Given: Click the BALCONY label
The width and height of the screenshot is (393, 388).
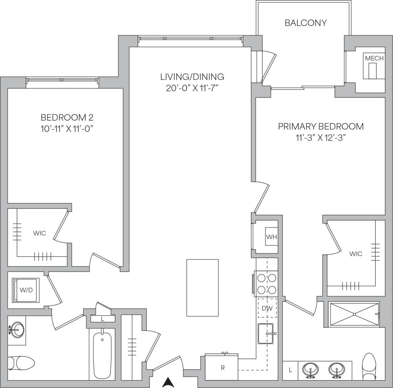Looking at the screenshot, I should pyautogui.click(x=306, y=23).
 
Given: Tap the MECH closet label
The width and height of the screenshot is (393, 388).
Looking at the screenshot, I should pyautogui.click(x=374, y=58).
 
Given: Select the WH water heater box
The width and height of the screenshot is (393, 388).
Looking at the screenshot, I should pyautogui.click(x=272, y=237).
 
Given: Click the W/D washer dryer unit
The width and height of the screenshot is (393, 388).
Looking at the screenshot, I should pyautogui.click(x=26, y=290).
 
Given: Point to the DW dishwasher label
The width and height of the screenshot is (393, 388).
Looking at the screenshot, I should pyautogui.click(x=267, y=308).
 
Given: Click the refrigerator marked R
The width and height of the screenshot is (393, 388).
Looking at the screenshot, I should pyautogui.click(x=222, y=367).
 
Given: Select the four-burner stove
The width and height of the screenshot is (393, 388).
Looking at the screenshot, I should pyautogui.click(x=266, y=284).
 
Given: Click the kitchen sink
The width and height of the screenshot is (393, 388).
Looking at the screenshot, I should pyautogui.click(x=267, y=334).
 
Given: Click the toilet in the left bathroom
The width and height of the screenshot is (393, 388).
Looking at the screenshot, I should pyautogui.click(x=21, y=363).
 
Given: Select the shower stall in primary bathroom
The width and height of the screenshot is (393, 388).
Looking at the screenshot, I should pyautogui.click(x=354, y=314).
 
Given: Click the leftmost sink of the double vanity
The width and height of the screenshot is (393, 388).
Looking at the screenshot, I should pyautogui.click(x=309, y=370).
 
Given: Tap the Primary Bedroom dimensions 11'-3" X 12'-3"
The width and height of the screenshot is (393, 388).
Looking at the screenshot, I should pyautogui.click(x=321, y=137).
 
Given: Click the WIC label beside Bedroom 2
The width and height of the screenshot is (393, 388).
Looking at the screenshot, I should pyautogui.click(x=39, y=233).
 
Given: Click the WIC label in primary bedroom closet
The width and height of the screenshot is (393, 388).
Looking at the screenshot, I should pyautogui.click(x=356, y=254).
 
